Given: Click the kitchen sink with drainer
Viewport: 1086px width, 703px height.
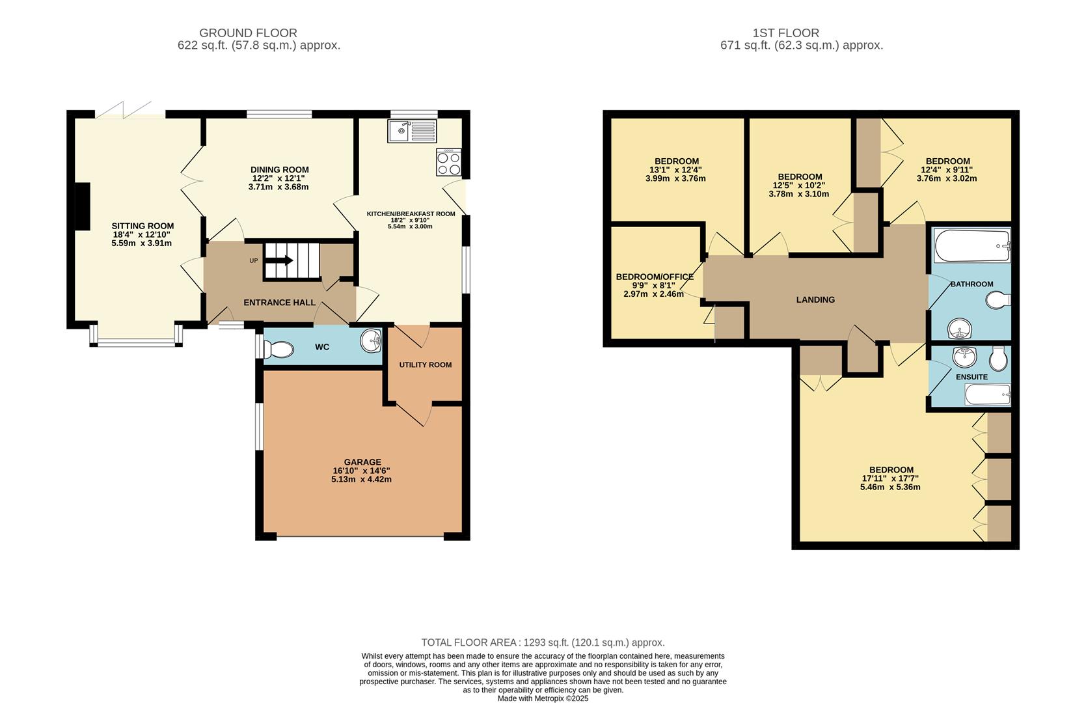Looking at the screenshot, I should [x=413, y=131].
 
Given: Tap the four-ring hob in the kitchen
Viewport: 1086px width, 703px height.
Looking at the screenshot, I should [x=448, y=162].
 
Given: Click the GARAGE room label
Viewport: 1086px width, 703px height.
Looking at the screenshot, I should [x=362, y=462].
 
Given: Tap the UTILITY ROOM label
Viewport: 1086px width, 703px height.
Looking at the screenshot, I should [x=425, y=365].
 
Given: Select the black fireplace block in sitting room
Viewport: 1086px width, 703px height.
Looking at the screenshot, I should [x=82, y=206].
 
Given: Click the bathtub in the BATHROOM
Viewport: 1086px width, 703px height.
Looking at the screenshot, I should [x=971, y=246].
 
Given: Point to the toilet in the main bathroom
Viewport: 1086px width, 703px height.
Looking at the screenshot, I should [x=998, y=301].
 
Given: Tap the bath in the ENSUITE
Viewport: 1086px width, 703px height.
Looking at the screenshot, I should [x=987, y=394].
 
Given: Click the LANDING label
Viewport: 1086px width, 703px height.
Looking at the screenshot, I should [x=815, y=299].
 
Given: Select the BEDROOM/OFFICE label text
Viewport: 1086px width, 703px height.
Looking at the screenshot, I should [x=654, y=277].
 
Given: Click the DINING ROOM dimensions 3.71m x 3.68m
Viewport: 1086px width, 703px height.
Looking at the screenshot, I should [x=278, y=187].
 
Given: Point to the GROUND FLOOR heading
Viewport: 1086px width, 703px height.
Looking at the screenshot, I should [x=248, y=33].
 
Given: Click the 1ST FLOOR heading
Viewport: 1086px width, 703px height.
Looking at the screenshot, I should [x=785, y=33].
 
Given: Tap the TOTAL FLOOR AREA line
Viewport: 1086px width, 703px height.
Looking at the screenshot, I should [x=543, y=642].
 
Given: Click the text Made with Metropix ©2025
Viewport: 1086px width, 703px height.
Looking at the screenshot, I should [x=543, y=698].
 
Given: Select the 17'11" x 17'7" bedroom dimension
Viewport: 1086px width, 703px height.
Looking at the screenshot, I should [x=890, y=478].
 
